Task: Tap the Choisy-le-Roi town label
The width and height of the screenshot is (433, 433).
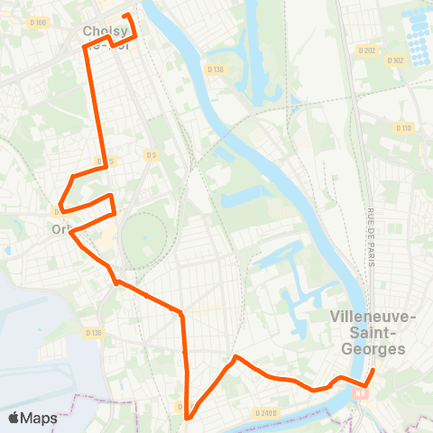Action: click(106, 36)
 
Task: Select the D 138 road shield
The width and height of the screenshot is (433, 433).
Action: click(215, 69)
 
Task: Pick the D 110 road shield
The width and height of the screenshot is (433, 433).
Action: click(403, 127)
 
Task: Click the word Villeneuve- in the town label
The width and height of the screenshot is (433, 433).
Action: click(373, 318)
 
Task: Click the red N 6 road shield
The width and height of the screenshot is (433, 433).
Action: click(361, 392)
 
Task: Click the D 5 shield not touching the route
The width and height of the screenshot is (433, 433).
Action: click(152, 155)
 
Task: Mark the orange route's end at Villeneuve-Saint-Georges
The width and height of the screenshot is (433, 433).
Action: click(373, 370)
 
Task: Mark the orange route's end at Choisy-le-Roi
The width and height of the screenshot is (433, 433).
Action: click(126, 16)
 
